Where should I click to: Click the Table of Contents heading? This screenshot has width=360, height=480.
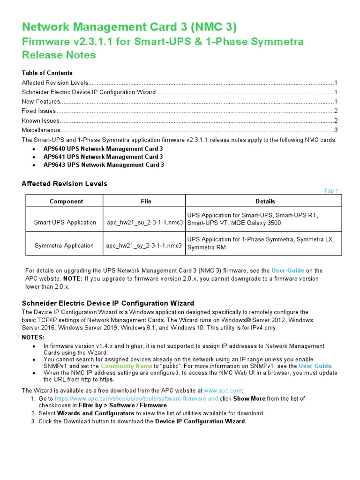47,73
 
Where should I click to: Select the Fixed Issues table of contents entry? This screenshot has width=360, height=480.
39,111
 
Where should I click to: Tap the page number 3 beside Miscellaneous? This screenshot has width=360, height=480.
336,130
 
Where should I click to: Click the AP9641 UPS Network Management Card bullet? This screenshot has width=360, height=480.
103,157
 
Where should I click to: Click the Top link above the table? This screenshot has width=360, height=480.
330,191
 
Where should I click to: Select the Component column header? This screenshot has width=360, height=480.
66,202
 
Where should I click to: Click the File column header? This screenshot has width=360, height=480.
146,202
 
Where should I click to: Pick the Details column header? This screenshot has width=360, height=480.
265,202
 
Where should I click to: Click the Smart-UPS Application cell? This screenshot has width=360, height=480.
65,223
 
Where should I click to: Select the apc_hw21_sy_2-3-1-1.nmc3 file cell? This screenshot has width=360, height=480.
144,246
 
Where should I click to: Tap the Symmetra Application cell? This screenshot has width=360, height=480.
64,246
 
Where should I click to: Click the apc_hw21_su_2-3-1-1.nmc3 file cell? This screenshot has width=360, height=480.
144,223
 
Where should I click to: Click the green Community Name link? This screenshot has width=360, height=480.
127,366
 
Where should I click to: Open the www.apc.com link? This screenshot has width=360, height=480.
223,390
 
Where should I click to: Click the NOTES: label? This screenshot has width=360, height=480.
34,337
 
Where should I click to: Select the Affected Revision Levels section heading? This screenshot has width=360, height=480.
64,184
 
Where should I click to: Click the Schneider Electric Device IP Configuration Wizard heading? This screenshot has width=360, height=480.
108,303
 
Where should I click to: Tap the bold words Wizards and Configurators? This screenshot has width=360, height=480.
96,413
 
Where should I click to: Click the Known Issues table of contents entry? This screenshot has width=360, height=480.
41,120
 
